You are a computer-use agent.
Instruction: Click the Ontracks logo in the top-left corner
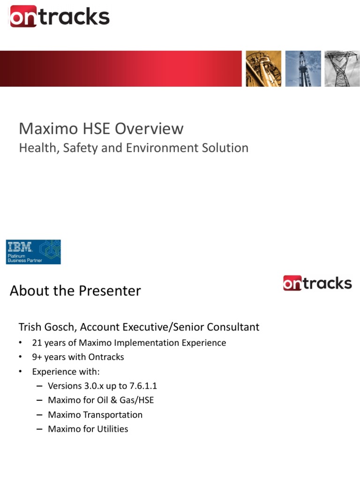coord(60,17)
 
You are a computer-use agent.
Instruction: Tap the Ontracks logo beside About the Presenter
coord(317,283)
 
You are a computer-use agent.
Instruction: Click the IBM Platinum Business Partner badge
coord(33,252)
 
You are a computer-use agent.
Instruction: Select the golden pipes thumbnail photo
coord(264,69)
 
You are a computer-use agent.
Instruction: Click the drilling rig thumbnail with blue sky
coord(303,69)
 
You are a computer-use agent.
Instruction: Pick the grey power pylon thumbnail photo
coord(342,69)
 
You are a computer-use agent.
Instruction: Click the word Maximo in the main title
coord(46,129)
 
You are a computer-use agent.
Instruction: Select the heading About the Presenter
coord(75,291)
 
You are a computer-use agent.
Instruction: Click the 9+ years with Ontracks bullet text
coord(78,357)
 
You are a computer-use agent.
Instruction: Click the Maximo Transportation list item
coord(95,415)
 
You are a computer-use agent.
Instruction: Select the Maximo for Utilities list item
coord(88,429)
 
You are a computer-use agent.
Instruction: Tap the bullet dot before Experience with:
coord(21,372)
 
